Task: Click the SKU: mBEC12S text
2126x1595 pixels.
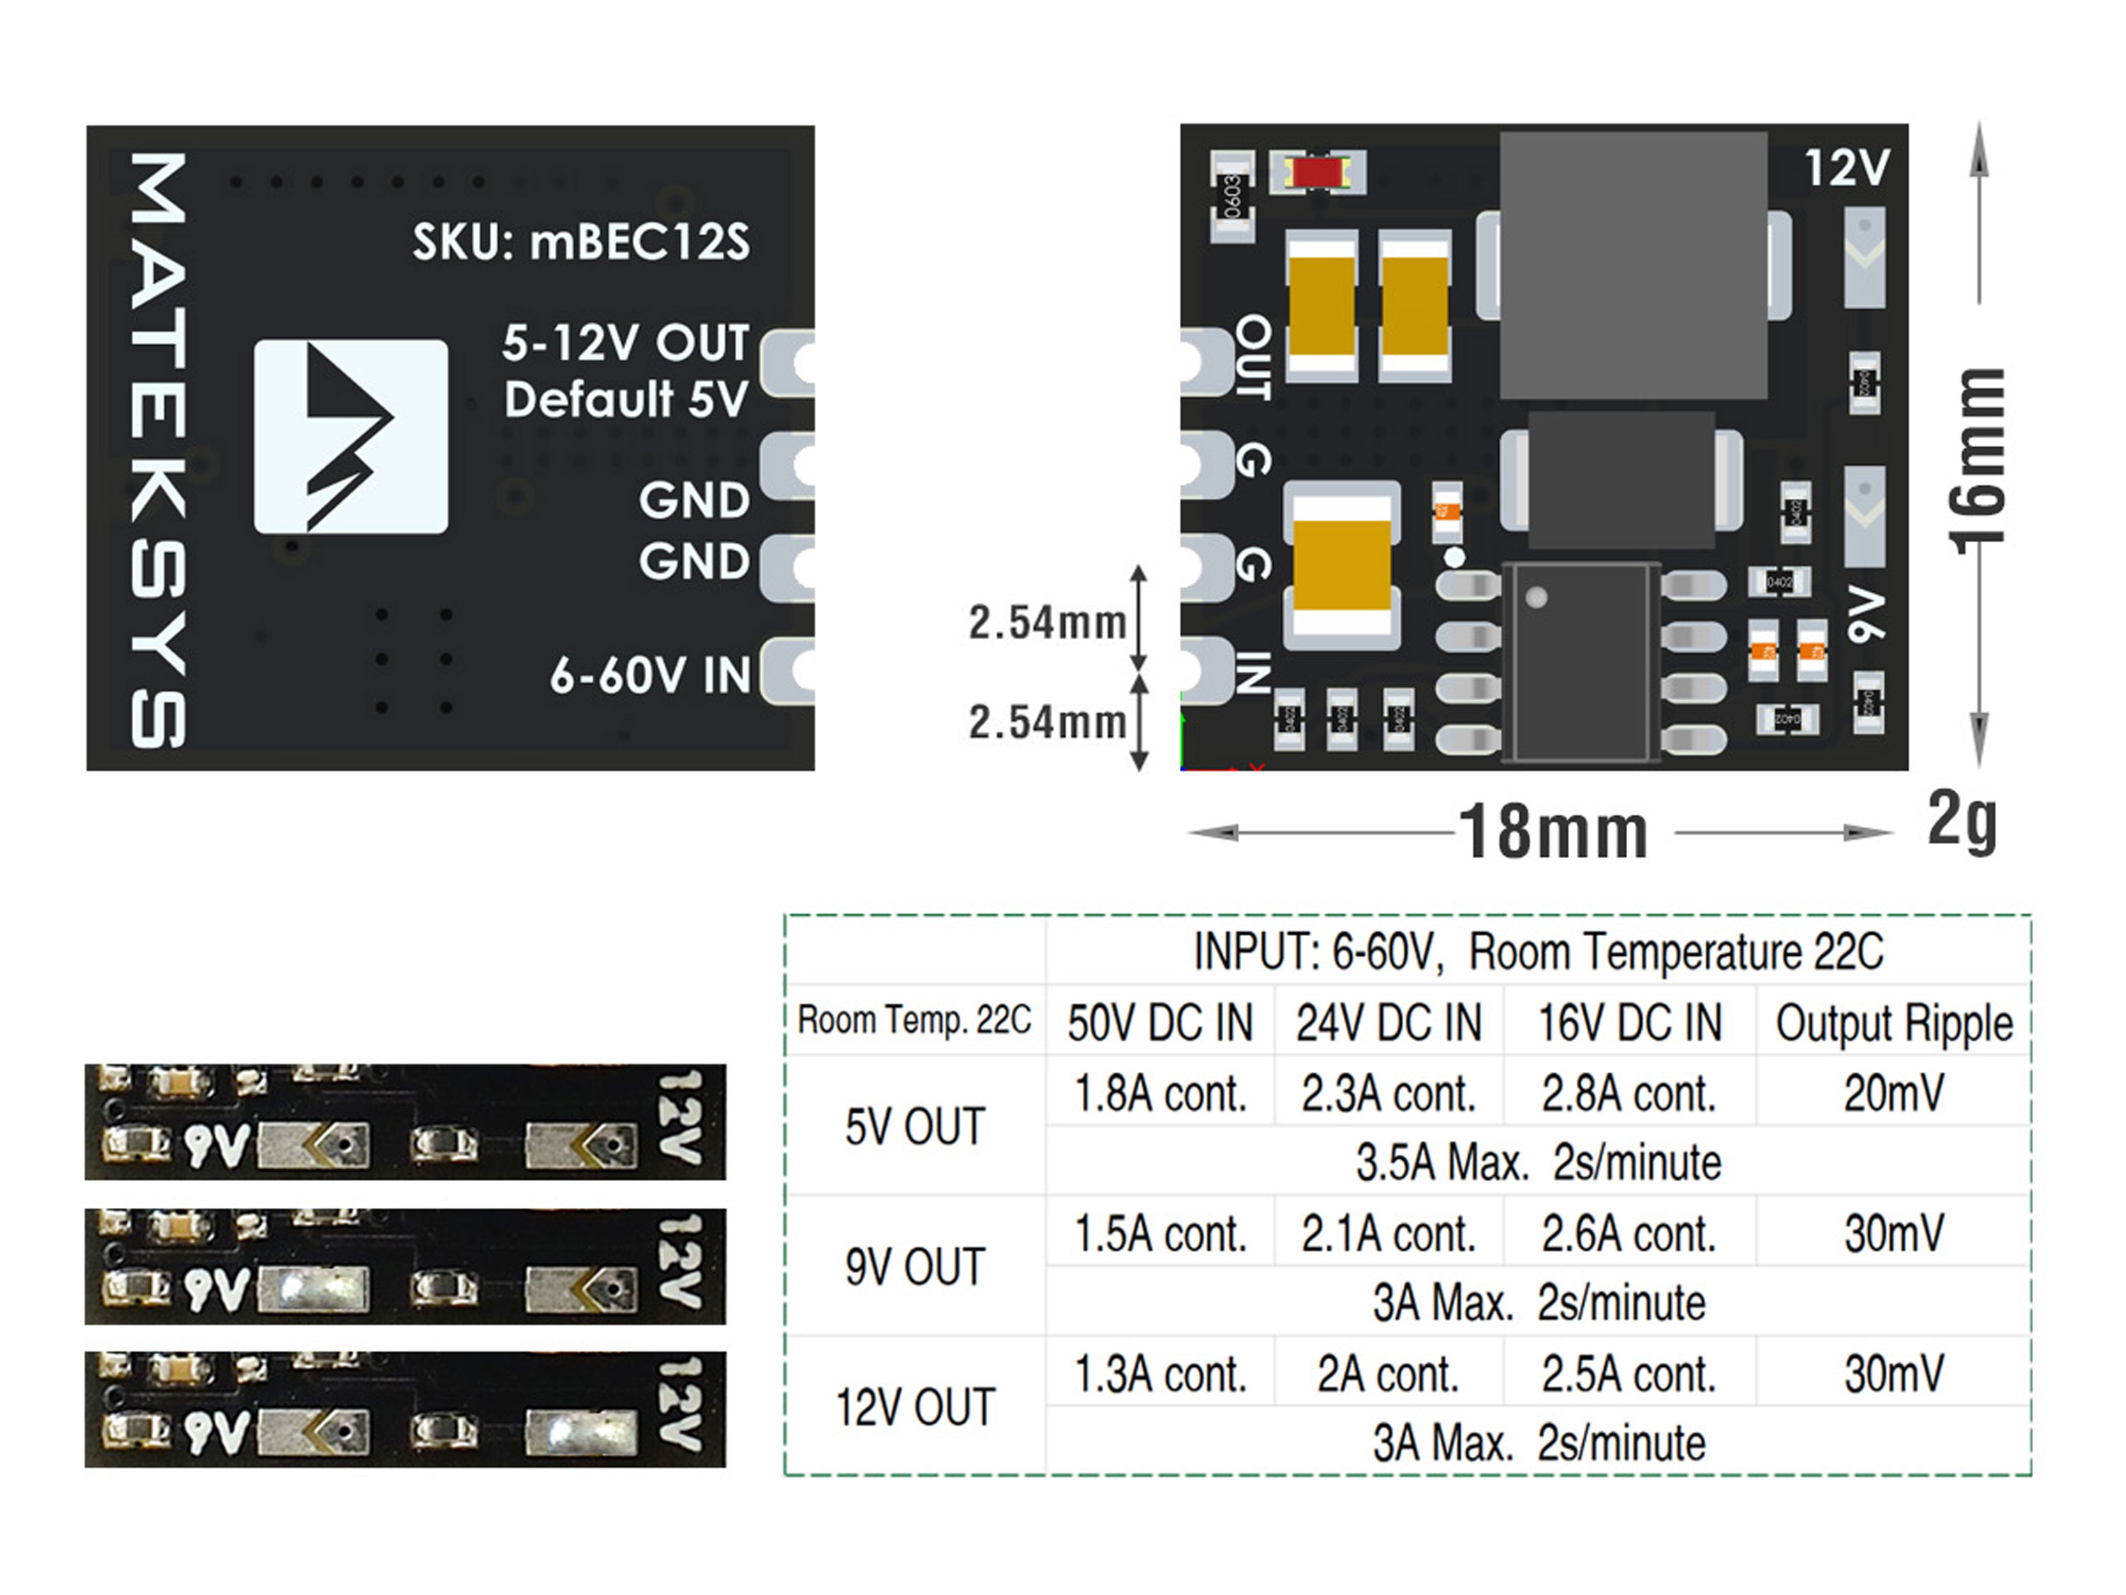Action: coord(580,242)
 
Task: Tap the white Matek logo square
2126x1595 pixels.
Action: coord(351,436)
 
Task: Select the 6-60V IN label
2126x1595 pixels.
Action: coord(650,675)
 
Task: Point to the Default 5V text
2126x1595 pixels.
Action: coord(626,399)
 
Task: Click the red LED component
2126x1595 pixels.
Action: coord(1317,173)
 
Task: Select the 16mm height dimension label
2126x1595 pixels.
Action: coord(1980,461)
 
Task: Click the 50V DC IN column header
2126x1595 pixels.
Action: coord(1160,1022)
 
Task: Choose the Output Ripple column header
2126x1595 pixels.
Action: coord(1894,1022)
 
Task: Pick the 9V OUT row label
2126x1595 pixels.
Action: coord(915,1266)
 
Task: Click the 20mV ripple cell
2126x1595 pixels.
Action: coord(1894,1093)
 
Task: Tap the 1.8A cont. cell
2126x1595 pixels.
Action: coord(1160,1093)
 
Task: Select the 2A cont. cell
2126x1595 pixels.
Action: coord(1388,1374)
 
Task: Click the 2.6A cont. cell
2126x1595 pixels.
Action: coord(1628,1234)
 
